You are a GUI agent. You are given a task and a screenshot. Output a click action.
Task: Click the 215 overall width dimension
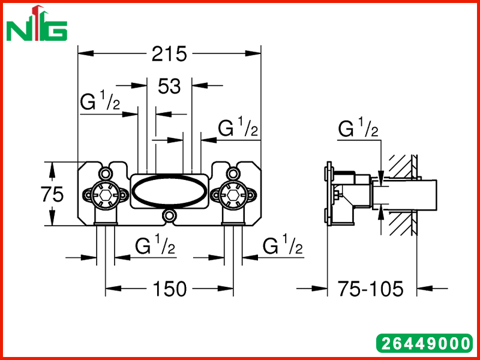click(169, 54)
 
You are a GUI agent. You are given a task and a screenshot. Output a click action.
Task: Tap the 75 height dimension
click(52, 194)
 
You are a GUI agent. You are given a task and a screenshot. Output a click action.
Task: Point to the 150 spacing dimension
click(169, 289)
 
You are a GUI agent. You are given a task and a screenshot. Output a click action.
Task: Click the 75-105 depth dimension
click(370, 289)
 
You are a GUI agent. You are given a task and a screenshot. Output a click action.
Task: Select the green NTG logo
click(37, 23)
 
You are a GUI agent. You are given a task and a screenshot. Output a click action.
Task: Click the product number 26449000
click(425, 343)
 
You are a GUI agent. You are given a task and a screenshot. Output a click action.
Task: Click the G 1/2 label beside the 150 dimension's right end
click(283, 244)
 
